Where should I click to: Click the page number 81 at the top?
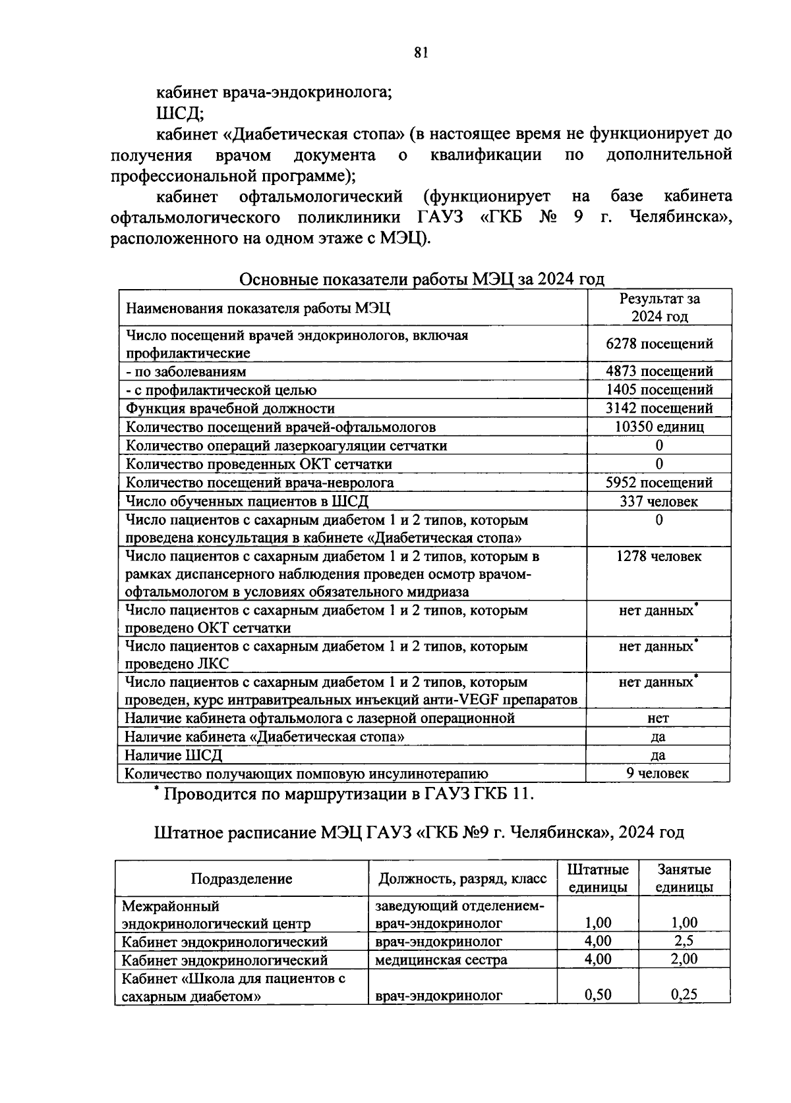422,53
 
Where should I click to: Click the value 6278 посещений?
659,344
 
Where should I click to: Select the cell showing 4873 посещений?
659,371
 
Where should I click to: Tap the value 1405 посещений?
659,390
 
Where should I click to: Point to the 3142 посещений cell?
659,408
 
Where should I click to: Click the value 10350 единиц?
659,427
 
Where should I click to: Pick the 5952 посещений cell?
659,483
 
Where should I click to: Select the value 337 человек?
659,502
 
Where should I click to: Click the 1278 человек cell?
659,556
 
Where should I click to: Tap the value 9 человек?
658,774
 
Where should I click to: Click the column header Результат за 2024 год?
659,307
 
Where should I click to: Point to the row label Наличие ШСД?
173,755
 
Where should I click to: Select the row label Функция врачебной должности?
230,408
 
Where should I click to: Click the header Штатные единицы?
598,878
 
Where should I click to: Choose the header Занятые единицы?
684,878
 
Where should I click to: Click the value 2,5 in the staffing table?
684,941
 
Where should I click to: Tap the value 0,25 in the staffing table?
684,995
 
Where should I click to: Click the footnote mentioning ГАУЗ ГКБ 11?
343,794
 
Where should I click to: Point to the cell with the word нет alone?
658,718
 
